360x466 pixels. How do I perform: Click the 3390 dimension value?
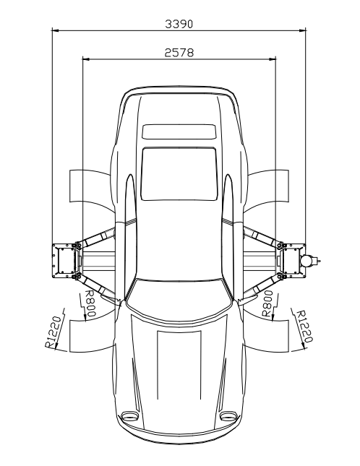(179, 24)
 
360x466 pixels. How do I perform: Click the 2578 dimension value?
(179, 53)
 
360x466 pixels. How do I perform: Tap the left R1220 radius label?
(53, 332)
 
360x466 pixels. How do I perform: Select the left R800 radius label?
(90, 303)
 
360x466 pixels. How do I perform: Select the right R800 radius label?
(267, 303)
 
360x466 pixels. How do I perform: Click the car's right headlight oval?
(228, 415)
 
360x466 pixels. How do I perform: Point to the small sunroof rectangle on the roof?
(179, 131)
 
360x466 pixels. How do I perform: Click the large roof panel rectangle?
(179, 174)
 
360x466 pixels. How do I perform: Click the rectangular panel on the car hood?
(179, 365)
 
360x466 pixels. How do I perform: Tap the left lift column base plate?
(64, 261)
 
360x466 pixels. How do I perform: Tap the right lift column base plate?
(294, 261)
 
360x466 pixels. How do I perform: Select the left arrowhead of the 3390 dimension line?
(56, 30)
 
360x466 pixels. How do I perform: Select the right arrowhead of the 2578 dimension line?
(273, 59)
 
